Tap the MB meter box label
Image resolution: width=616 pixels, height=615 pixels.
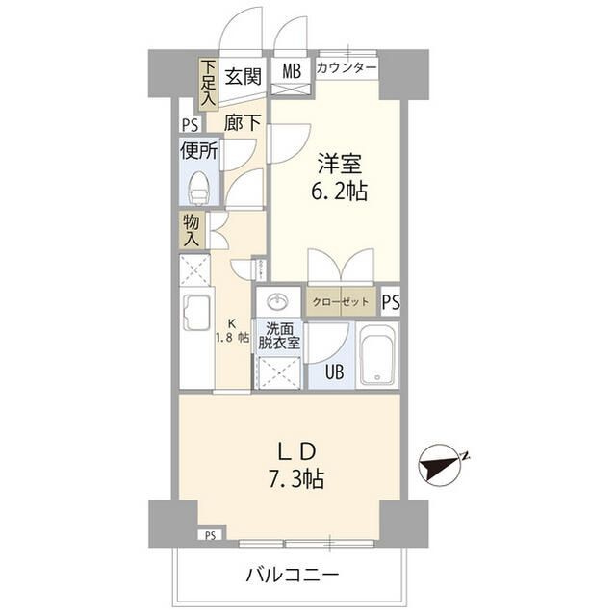click(290, 70)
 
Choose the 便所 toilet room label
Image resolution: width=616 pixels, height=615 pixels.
click(199, 150)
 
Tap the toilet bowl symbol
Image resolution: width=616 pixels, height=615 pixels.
click(198, 185)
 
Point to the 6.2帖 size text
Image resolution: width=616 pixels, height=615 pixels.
click(336, 191)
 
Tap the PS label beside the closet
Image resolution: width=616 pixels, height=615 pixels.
click(390, 301)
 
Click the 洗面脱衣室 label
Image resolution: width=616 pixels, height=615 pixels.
click(279, 336)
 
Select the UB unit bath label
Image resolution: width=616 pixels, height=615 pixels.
click(332, 372)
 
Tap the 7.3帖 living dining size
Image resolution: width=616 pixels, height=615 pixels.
click(292, 478)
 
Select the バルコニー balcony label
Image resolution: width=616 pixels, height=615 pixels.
click(292, 576)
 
